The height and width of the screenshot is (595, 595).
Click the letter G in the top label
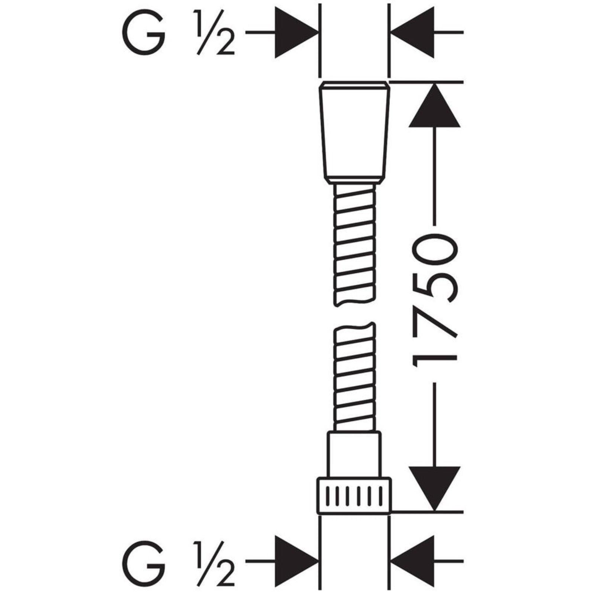(143, 33)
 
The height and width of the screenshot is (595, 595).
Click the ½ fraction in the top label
(213, 33)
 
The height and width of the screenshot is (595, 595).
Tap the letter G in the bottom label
(143, 563)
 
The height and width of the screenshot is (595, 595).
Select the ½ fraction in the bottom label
(213, 563)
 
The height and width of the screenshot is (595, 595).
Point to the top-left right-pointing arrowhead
(297, 33)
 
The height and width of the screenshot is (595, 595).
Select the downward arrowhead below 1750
(434, 488)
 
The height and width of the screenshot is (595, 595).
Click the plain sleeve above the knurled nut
(354, 454)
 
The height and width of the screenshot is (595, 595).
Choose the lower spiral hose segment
(354, 377)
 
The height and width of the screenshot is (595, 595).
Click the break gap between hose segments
(354, 314)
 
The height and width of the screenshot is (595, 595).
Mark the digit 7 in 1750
(434, 327)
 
